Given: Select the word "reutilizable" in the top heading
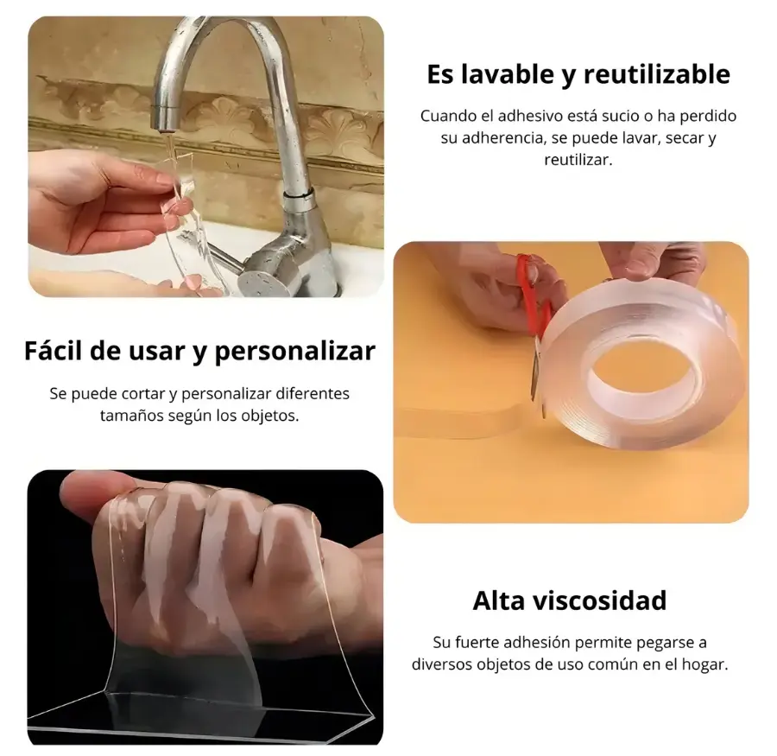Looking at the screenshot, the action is click(x=657, y=74).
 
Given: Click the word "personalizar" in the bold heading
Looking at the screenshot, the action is click(x=295, y=352).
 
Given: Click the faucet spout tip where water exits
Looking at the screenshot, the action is click(x=163, y=125).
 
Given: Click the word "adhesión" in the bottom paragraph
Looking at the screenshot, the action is click(x=535, y=643).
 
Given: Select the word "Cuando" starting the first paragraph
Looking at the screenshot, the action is click(x=444, y=116).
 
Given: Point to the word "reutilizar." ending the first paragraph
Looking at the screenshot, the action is click(x=578, y=160).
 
